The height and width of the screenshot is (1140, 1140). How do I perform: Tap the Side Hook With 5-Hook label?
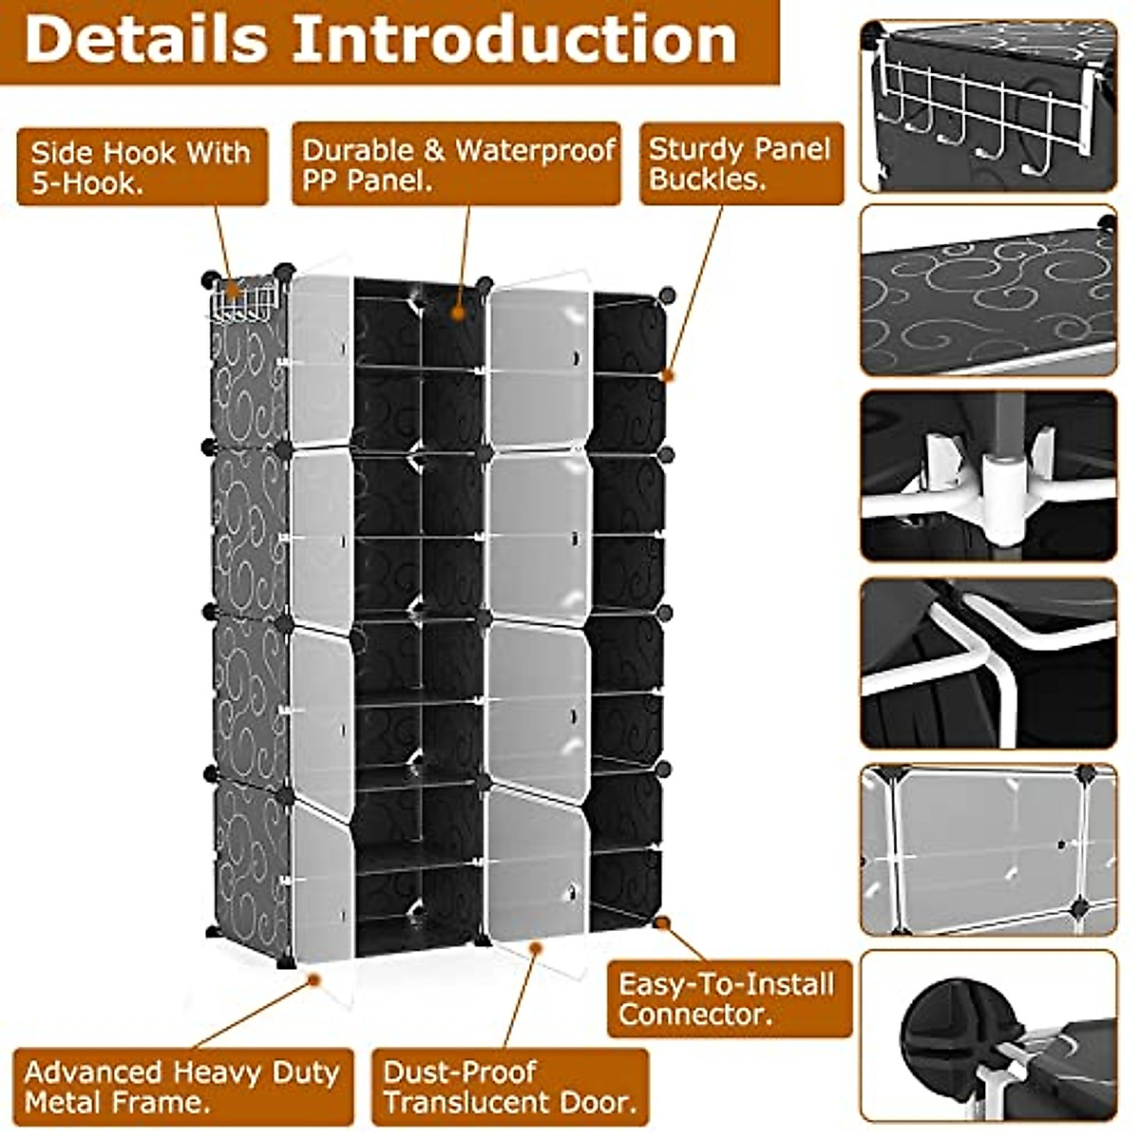coord(142,167)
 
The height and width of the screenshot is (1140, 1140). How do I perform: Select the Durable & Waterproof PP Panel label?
coord(457,163)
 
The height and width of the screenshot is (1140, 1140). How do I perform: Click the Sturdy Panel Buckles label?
coord(740,163)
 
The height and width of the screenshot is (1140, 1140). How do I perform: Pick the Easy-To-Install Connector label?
coord(728,997)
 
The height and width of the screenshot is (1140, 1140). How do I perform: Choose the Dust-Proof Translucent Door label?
coord(510,1088)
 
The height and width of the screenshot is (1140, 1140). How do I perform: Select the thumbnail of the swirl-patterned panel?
coord(988,290)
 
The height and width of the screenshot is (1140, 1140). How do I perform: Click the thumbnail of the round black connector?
coord(988,1035)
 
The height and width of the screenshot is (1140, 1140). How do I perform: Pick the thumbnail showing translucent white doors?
coord(988,850)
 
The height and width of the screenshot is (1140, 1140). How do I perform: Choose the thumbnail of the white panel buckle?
coord(988,475)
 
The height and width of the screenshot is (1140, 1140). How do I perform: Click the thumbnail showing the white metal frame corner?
coord(988,663)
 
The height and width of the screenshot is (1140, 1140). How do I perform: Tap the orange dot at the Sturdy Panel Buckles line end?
coord(668,376)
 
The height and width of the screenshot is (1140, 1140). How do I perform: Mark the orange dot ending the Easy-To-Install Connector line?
coord(662,922)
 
